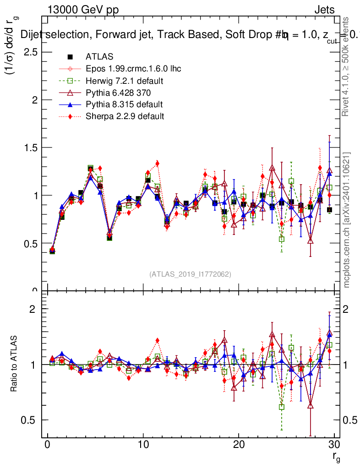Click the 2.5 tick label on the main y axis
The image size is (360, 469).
[31, 52]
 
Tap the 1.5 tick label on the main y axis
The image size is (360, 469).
[31, 147]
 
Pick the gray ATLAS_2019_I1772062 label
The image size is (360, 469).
[190, 274]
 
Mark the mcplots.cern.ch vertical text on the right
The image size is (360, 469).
[347, 220]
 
